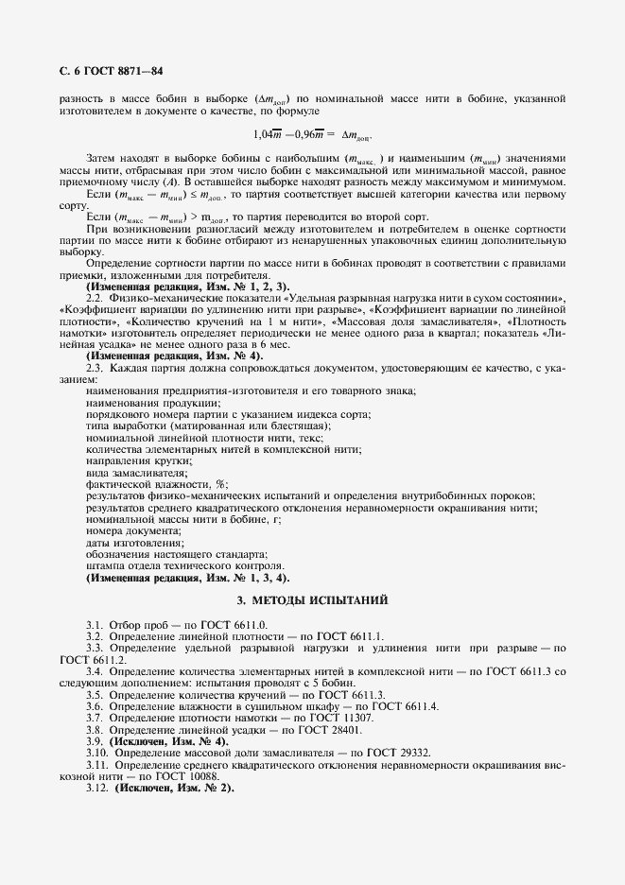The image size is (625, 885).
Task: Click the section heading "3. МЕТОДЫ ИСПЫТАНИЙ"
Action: pyautogui.click(x=312, y=601)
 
